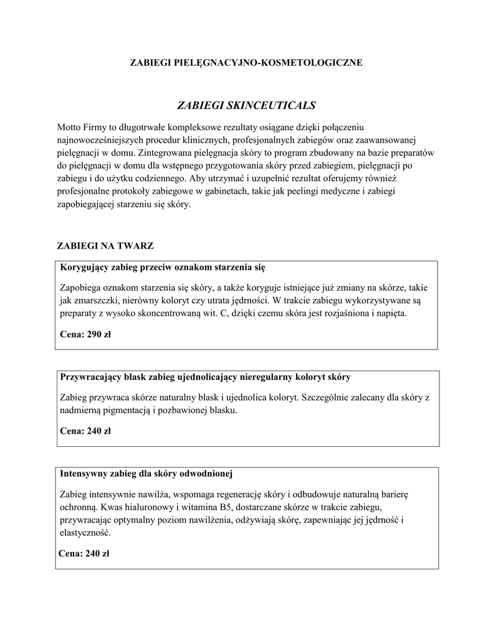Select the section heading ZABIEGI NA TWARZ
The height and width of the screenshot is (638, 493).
coord(105,246)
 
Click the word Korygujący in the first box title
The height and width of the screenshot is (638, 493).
coord(84,268)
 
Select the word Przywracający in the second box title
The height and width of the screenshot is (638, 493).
coord(90,378)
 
